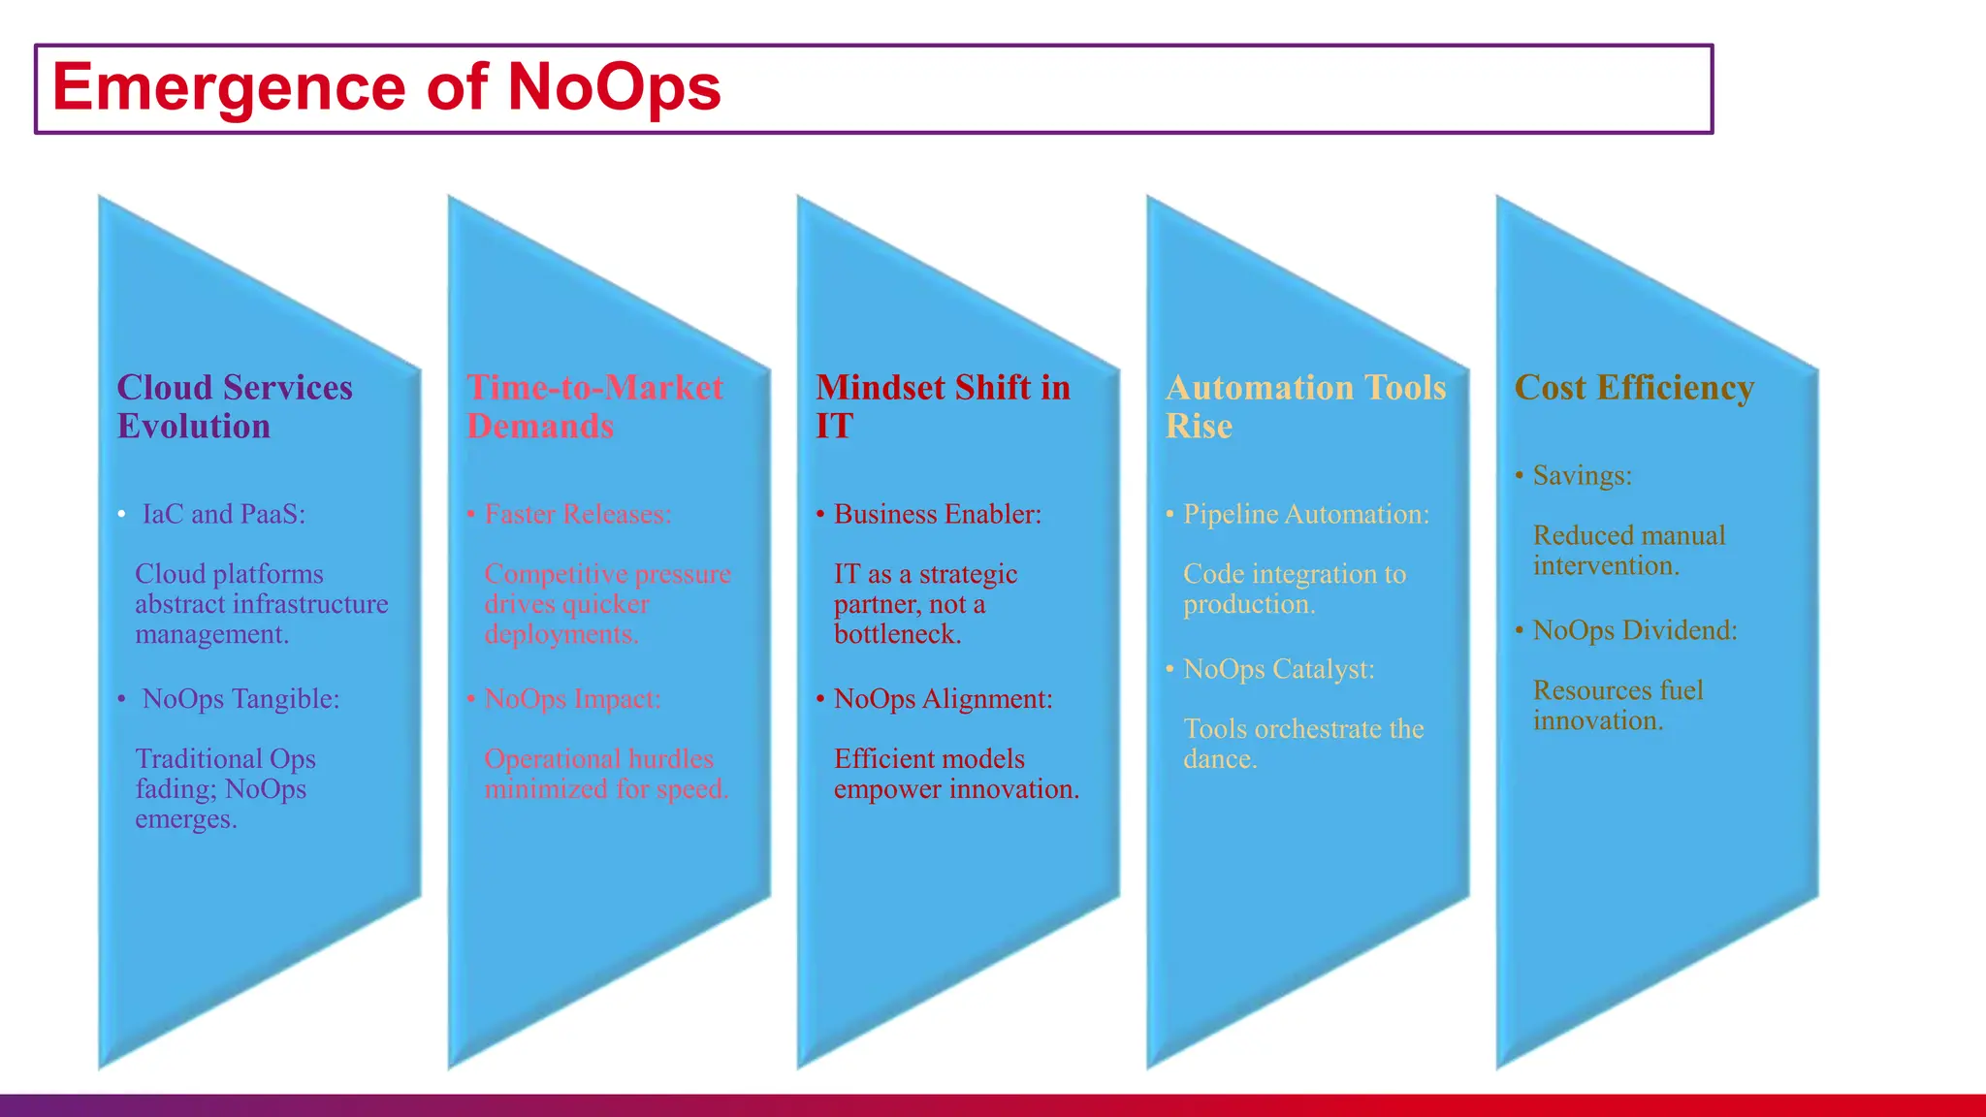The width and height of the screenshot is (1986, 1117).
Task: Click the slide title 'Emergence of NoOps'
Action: [x=386, y=87]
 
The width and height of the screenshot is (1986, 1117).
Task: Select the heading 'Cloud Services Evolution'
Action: [x=235, y=406]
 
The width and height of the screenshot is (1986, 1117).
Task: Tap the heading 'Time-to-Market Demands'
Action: [x=594, y=406]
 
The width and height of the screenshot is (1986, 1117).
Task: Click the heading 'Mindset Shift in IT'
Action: [x=943, y=406]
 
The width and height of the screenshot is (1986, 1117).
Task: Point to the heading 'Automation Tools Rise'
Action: [x=1305, y=406]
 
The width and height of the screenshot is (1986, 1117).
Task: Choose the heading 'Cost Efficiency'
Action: [x=1634, y=388]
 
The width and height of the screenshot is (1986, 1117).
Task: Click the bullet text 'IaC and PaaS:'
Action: [x=224, y=514]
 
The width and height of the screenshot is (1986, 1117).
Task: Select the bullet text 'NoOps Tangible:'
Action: [x=240, y=699]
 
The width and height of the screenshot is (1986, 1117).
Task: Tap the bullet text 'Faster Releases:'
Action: [x=578, y=514]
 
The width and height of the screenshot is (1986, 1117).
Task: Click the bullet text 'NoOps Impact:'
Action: [x=572, y=699]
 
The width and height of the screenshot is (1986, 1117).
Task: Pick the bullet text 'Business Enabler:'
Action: [x=938, y=514]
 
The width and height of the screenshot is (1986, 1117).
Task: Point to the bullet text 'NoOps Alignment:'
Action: [x=943, y=699]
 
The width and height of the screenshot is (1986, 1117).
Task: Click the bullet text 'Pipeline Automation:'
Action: [x=1306, y=514]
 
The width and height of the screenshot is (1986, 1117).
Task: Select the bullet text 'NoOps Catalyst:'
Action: [x=1279, y=669]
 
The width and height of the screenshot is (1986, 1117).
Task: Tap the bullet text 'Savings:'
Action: [x=1582, y=476]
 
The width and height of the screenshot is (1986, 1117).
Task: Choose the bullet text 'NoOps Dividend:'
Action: [x=1635, y=630]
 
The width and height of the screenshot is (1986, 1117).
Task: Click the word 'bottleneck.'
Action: [x=898, y=634]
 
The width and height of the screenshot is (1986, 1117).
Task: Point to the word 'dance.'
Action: [x=1220, y=759]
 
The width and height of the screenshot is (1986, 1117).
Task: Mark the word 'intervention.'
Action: [x=1606, y=565]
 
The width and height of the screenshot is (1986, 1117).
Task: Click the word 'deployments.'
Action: [x=561, y=634]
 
